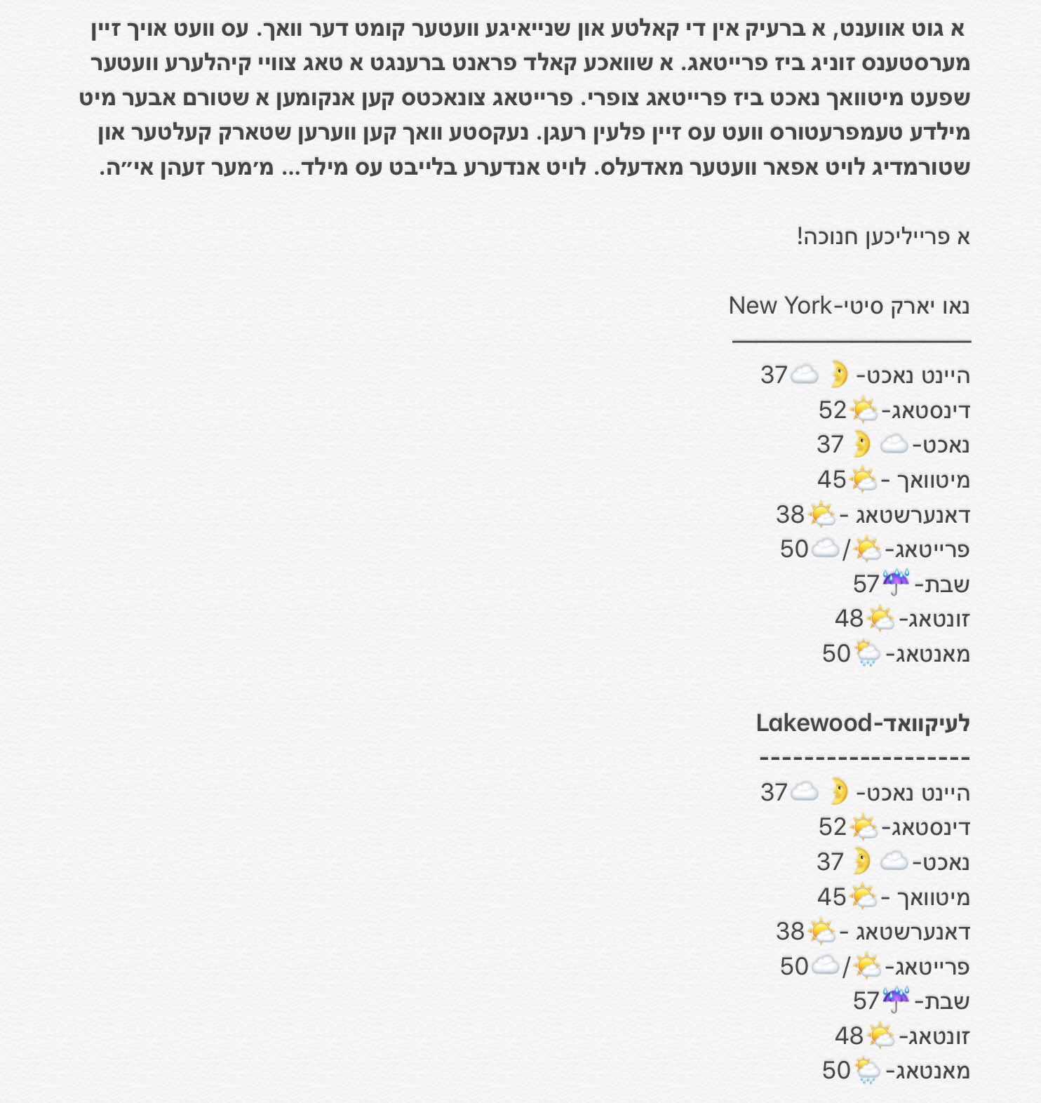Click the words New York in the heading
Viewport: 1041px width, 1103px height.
pyautogui.click(x=779, y=306)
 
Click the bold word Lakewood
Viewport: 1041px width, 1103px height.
pyautogui.click(x=814, y=723)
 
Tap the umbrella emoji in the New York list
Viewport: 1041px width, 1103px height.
pyautogui.click(x=896, y=582)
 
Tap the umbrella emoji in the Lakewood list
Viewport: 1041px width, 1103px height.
pyautogui.click(x=896, y=999)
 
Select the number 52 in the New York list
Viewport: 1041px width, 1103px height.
pyautogui.click(x=833, y=410)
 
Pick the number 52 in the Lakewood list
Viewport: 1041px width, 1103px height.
pyautogui.click(x=833, y=827)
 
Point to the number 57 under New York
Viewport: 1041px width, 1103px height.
pyautogui.click(x=866, y=584)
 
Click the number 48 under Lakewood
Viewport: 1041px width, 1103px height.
pyautogui.click(x=849, y=1036)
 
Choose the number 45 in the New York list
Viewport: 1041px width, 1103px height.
pyautogui.click(x=832, y=480)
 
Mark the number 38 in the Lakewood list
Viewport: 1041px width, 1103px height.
pyautogui.click(x=790, y=931)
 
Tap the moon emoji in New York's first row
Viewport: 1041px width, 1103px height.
pyautogui.click(x=839, y=374)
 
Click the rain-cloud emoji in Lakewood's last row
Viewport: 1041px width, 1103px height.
pyautogui.click(x=867, y=1070)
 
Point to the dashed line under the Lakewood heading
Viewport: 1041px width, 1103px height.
pyautogui.click(x=864, y=758)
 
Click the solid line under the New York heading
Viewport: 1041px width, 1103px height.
pyautogui.click(x=851, y=341)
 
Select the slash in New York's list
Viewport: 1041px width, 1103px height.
pyautogui.click(x=846, y=550)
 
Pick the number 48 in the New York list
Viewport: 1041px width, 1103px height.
pyautogui.click(x=849, y=619)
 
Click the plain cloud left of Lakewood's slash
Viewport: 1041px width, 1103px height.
pyautogui.click(x=825, y=965)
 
